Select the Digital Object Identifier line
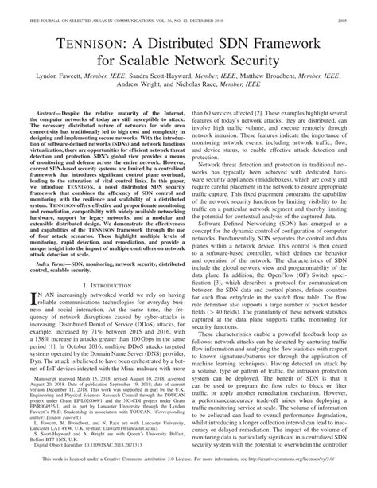(x=80, y=470)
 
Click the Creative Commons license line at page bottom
(x=188, y=482)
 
